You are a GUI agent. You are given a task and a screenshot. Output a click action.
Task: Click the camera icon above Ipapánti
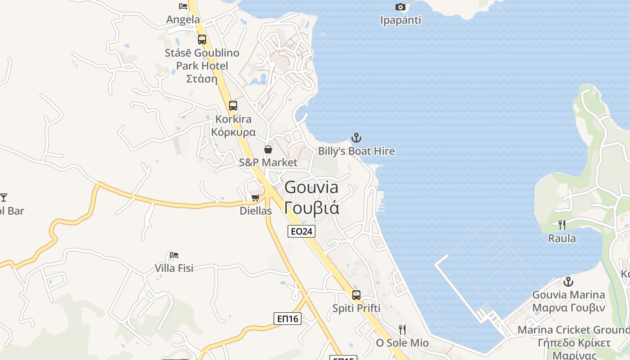[400, 7]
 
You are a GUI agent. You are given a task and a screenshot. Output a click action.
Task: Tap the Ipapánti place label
[400, 20]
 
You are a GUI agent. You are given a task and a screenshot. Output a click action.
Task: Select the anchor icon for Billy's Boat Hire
[356, 137]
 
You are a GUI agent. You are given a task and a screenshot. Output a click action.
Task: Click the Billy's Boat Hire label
[356, 151]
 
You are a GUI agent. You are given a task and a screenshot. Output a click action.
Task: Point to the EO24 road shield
[301, 231]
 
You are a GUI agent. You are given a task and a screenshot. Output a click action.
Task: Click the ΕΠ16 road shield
[287, 319]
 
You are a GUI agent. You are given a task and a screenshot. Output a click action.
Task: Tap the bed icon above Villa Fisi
[174, 255]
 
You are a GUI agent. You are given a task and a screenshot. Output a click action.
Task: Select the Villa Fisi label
[174, 268]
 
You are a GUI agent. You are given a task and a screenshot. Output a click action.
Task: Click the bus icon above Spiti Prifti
[356, 295]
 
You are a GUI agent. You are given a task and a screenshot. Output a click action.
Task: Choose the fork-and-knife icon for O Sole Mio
[402, 330]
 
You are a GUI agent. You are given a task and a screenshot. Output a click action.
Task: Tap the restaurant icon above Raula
[562, 225]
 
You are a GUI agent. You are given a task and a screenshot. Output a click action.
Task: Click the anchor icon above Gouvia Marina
[568, 282]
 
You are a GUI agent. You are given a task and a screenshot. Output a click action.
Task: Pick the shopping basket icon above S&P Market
[268, 149]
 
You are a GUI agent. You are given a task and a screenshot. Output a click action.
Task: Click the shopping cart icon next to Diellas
[256, 198]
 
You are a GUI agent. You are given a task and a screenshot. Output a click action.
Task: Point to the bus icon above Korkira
[233, 106]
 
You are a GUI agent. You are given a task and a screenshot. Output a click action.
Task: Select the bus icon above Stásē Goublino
[202, 39]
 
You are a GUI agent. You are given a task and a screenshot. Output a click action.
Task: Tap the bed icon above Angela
[183, 6]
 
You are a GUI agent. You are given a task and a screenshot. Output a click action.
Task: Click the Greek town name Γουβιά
[311, 208]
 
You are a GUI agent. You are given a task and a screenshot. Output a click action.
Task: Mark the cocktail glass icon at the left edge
[4, 197]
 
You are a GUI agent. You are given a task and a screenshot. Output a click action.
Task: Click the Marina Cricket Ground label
[573, 330]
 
